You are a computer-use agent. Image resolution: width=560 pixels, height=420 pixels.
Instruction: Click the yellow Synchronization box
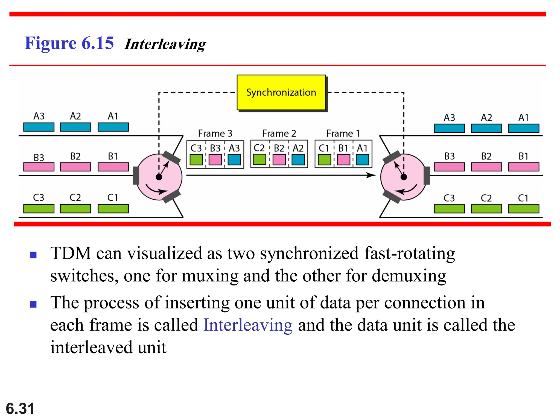point(281,92)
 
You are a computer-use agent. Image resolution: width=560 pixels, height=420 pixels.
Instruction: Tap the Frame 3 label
point(215,133)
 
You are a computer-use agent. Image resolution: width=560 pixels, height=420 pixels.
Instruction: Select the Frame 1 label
point(343,133)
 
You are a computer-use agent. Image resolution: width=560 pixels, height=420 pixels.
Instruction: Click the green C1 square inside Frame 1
point(324,160)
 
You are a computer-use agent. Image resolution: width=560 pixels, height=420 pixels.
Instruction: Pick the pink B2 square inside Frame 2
point(279,160)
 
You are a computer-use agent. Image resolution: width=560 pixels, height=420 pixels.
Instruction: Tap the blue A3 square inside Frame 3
point(234,160)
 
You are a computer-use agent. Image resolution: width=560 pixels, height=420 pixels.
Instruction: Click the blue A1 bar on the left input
point(113,127)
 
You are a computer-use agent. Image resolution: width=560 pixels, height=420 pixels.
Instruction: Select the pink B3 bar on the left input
point(39,167)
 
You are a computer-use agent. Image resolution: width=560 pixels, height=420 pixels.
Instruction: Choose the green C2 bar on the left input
point(75,209)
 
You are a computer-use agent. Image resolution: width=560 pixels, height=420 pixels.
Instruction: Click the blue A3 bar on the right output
point(449,128)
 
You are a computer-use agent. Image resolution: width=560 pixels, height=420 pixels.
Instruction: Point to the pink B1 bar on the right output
point(524,167)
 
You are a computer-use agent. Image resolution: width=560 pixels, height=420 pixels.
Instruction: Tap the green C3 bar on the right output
point(449,209)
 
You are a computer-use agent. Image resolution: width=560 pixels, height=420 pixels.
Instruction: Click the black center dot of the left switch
point(159,177)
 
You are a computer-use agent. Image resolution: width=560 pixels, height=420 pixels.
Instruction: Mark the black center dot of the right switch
point(404,177)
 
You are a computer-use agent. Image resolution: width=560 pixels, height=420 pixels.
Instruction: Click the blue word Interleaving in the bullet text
point(248,325)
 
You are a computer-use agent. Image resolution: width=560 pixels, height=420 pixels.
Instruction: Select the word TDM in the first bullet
point(71,253)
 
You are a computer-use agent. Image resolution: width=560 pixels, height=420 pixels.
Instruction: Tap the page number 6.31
point(20,409)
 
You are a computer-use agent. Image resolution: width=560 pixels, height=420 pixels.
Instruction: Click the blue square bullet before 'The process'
point(33,304)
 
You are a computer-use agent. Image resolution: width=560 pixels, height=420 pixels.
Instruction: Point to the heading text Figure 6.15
point(69,43)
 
